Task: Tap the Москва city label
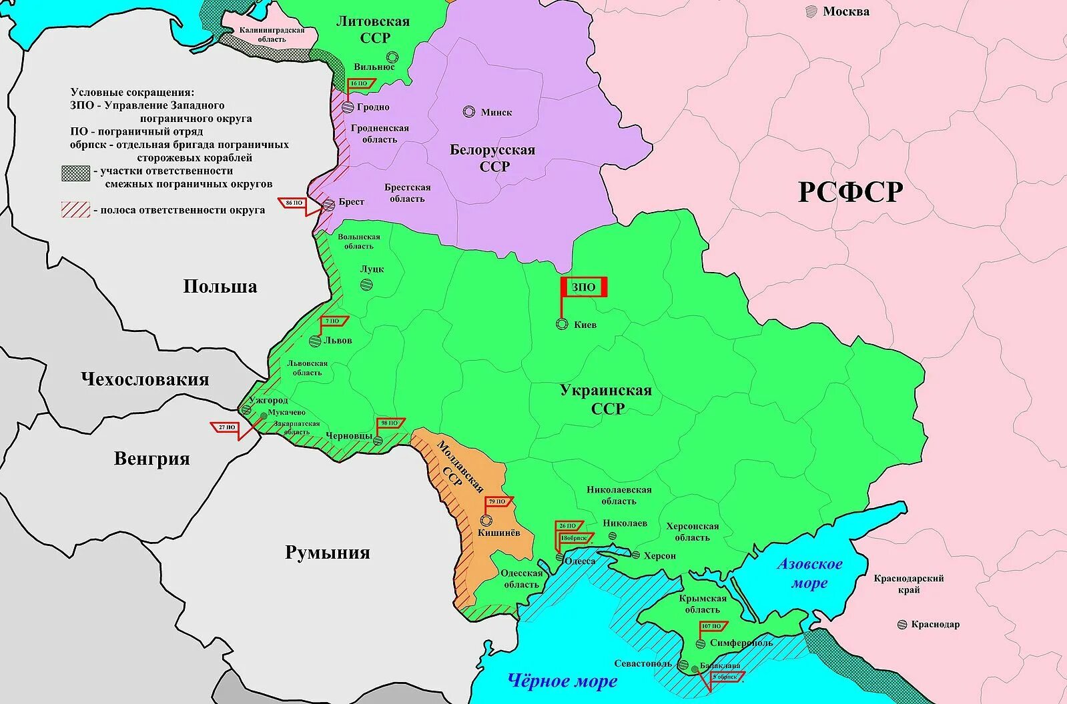845,11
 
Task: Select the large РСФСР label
850,192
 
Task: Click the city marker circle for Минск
469,112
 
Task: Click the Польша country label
220,287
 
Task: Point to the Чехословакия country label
145,379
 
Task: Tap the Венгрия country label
151,459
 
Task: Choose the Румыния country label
327,553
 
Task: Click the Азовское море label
809,573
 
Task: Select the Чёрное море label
562,681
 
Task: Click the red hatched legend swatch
75,210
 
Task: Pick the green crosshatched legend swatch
75,173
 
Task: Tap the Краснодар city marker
903,625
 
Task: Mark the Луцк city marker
366,285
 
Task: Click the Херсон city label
660,555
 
